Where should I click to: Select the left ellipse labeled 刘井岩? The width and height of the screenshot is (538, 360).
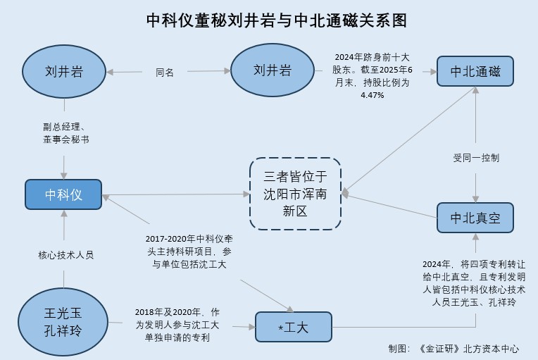pyautogui.click(x=65, y=71)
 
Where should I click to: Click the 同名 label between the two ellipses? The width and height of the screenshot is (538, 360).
pyautogui.click(x=165, y=72)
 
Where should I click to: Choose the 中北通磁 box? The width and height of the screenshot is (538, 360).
pyautogui.click(x=475, y=71)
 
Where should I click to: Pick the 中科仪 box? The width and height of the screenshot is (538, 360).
pyautogui.click(x=63, y=194)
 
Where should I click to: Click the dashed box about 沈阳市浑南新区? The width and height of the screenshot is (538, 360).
pyautogui.click(x=296, y=193)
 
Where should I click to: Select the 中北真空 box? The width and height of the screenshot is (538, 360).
pyautogui.click(x=475, y=218)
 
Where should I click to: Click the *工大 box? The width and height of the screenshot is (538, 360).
pyautogui.click(x=293, y=326)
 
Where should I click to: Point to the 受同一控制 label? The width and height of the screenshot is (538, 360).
pyautogui.click(x=476, y=158)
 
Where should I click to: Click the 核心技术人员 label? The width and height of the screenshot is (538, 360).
pyautogui.click(x=65, y=254)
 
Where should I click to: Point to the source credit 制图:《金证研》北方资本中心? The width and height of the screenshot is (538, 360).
pyautogui.click(x=453, y=349)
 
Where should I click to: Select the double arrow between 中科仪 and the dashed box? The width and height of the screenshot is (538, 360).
pyautogui.click(x=175, y=194)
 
